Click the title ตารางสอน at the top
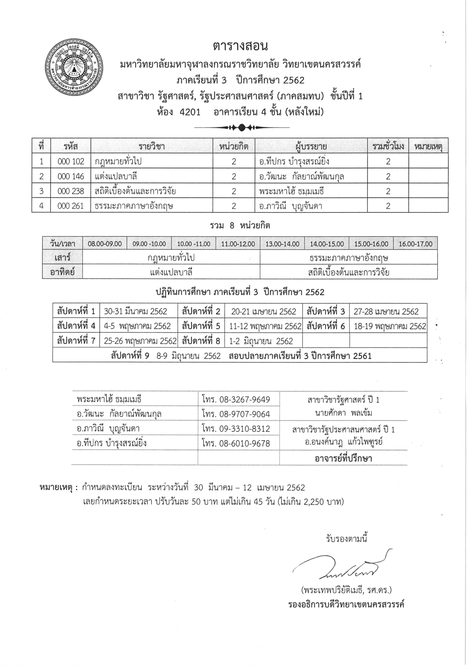tap(240, 46)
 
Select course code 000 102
tap(71, 162)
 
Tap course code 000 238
tap(71, 191)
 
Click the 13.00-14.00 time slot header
tap(282, 244)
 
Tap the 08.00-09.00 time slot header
tap(105, 244)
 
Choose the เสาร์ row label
tap(62, 257)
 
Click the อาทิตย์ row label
tap(62, 272)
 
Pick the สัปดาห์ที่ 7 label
tap(76, 341)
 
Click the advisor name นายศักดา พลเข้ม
tap(343, 413)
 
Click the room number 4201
tap(190, 112)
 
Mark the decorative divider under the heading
tap(241, 127)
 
